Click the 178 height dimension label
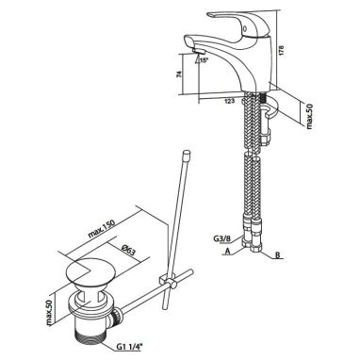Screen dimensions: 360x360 (x=282, y=51)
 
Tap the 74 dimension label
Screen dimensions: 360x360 (x=179, y=74)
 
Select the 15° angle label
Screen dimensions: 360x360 (x=205, y=60)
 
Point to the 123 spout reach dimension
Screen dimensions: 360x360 (x=230, y=101)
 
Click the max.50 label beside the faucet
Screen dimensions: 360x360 (x=309, y=117)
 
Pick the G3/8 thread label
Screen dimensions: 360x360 (x=222, y=238)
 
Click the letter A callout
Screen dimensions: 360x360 (x=228, y=251)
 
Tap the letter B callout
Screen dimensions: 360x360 (x=277, y=254)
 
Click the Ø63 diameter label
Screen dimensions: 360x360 (x=128, y=251)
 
